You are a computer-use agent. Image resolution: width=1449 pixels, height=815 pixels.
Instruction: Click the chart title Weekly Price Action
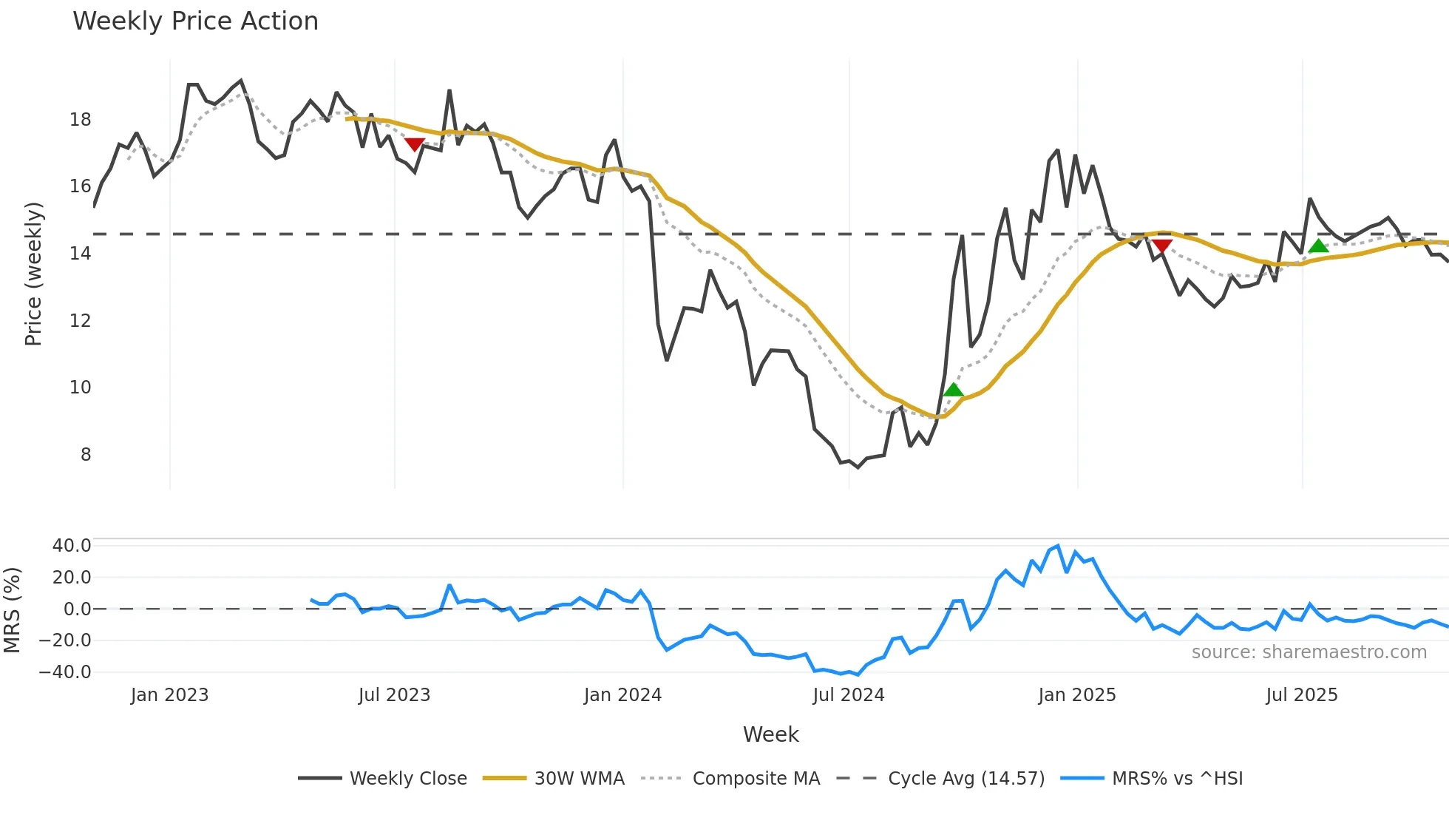pyautogui.click(x=195, y=21)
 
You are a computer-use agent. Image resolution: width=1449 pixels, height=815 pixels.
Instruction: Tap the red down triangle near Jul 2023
pyautogui.click(x=415, y=144)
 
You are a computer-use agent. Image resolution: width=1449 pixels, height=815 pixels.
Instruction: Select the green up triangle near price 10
pyautogui.click(x=954, y=390)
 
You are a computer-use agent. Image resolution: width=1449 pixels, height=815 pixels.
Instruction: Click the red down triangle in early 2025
pyautogui.click(x=1162, y=246)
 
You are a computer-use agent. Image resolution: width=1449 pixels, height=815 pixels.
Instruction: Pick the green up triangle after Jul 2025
pyautogui.click(x=1318, y=246)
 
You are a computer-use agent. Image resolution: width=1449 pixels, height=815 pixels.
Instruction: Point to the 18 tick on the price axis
pyautogui.click(x=81, y=120)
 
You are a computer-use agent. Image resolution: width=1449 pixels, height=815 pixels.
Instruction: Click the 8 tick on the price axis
pyautogui.click(x=86, y=455)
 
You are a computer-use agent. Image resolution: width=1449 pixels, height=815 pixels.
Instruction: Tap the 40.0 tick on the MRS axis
pyautogui.click(x=72, y=546)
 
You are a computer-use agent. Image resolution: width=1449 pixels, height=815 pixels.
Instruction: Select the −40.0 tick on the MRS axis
pyautogui.click(x=65, y=672)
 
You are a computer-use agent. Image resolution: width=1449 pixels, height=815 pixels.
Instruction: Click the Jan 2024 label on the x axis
pyautogui.click(x=622, y=695)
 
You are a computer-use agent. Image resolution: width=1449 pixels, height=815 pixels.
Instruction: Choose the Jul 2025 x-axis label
pyautogui.click(x=1302, y=695)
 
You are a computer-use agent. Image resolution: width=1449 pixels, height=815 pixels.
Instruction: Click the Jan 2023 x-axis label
pyautogui.click(x=169, y=695)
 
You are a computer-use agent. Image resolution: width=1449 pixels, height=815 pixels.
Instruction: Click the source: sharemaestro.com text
pyautogui.click(x=1309, y=652)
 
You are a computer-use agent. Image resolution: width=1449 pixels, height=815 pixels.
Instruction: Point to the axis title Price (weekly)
pyautogui.click(x=33, y=274)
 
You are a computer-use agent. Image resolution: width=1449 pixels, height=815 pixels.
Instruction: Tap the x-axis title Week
pyautogui.click(x=770, y=734)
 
